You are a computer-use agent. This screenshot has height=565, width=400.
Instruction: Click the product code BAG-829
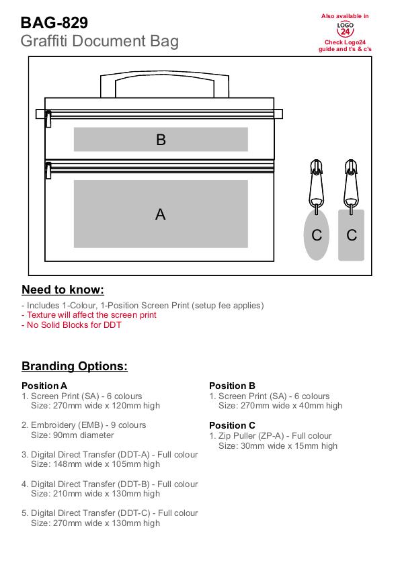[54, 23]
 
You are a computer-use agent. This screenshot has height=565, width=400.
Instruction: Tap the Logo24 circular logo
[345, 29]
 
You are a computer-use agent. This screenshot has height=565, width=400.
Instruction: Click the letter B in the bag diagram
[161, 140]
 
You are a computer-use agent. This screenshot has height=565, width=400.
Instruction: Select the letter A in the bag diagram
[161, 214]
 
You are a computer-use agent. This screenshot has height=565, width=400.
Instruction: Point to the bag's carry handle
[165, 76]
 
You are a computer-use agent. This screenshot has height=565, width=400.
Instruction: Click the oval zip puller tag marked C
[317, 235]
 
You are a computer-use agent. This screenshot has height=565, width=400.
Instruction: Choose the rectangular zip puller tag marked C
[352, 235]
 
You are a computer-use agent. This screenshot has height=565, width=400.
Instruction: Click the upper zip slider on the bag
[48, 119]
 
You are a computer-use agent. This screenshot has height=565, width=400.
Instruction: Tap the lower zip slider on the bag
[48, 171]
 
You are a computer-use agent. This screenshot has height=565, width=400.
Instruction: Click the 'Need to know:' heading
[63, 290]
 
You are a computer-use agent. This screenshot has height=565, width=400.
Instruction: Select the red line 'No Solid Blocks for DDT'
[71, 325]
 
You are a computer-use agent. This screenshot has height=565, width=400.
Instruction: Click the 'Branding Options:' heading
[75, 366]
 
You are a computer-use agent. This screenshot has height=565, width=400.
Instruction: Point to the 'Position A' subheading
[44, 386]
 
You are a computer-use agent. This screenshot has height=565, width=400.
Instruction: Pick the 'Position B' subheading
[233, 386]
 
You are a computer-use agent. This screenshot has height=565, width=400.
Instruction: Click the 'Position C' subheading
[233, 425]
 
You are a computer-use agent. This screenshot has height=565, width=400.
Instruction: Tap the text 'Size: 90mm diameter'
[73, 435]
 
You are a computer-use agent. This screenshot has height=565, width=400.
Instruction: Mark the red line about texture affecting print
[89, 315]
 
